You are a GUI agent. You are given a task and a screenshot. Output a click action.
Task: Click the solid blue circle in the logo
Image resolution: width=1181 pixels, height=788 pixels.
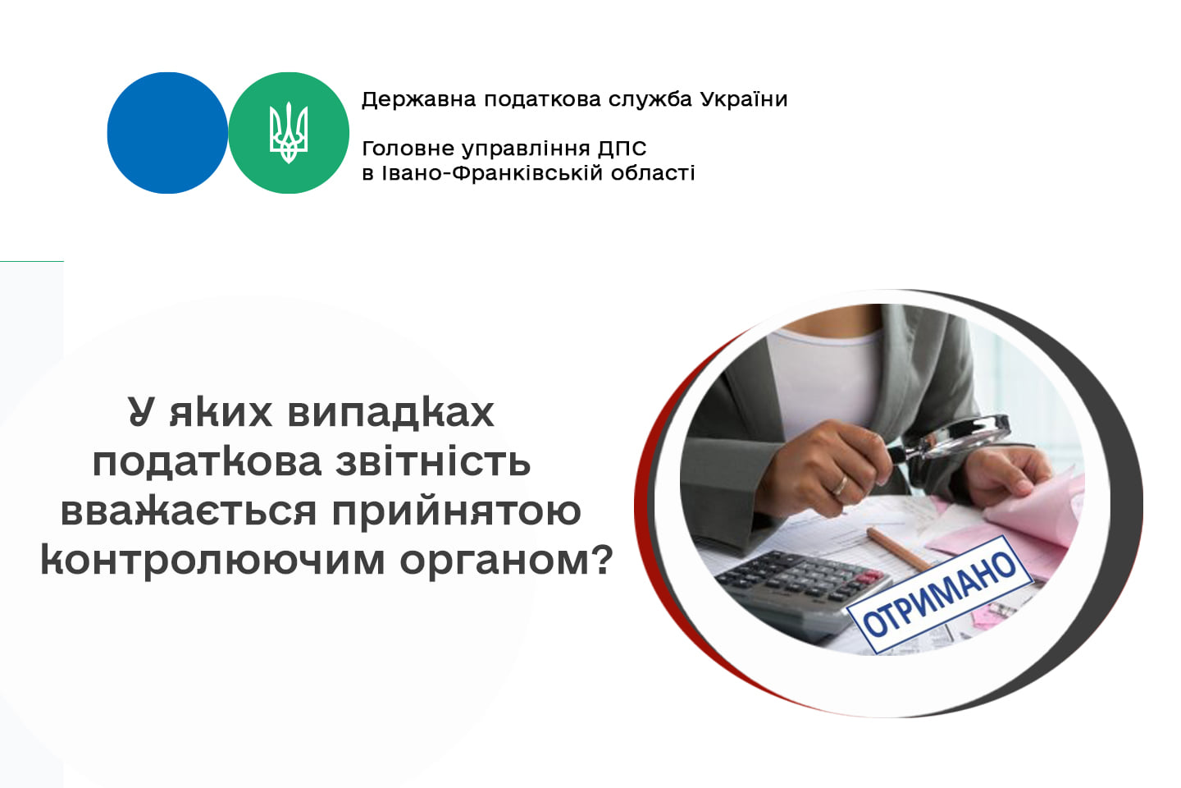(x=167, y=133)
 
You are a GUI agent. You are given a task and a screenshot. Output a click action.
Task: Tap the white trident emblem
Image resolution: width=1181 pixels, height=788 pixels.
(x=289, y=132)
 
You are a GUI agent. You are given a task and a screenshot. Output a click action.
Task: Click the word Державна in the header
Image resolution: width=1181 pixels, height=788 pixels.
(x=418, y=100)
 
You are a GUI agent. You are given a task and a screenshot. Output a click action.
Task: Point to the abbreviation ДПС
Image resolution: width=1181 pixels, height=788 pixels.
(x=622, y=149)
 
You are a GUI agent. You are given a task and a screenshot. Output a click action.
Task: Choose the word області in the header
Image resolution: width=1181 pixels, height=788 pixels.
(x=653, y=172)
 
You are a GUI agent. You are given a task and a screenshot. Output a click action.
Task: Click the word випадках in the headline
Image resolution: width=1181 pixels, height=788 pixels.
(x=390, y=413)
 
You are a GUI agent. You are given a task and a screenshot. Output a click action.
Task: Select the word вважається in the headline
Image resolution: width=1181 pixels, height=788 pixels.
(x=189, y=511)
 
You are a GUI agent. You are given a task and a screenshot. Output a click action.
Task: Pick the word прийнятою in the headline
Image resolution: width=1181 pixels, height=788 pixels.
(x=457, y=512)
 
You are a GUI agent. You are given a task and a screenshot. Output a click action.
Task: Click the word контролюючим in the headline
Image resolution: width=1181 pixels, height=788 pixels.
(x=212, y=561)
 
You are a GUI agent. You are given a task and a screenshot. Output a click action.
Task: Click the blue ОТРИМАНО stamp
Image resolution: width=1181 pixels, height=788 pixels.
(x=939, y=594)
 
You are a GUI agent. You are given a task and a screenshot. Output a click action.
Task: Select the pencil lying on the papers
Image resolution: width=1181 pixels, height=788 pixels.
(x=899, y=549)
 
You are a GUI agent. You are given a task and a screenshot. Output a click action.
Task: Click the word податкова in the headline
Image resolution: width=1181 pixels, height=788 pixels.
(x=207, y=463)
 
